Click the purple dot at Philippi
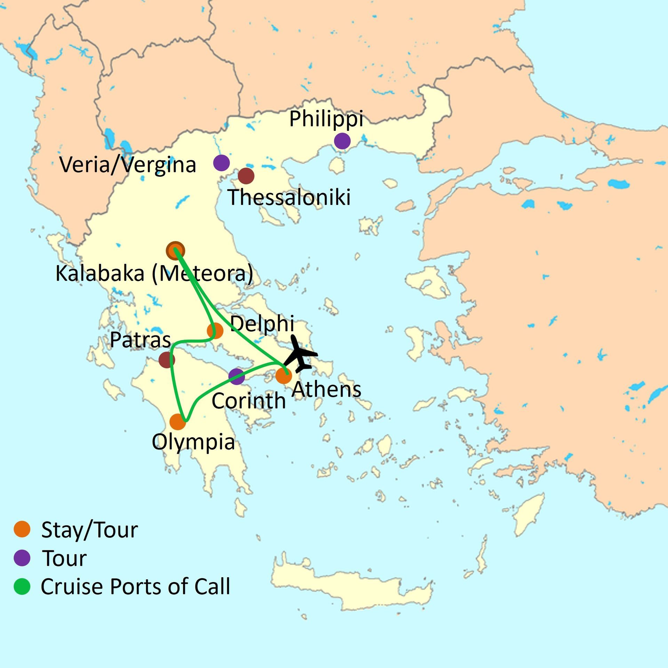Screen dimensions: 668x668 [342, 141]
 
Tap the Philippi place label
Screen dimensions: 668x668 [326, 119]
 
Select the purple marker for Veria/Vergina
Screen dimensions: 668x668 [221, 162]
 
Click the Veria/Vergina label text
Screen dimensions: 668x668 [128, 165]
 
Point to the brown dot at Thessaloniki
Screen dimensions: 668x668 [246, 176]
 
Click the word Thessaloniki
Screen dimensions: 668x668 [289, 197]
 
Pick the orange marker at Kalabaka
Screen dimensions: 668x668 [175, 250]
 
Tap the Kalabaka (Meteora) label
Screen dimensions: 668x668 [154, 273]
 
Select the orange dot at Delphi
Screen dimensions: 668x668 [215, 331]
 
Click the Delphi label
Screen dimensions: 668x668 [262, 324]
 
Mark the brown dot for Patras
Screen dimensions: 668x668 [167, 359]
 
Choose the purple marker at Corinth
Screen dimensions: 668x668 [237, 376]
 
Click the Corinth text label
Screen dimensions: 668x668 [248, 401]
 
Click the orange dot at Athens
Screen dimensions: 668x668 [283, 376]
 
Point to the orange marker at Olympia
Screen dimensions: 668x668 [177, 422]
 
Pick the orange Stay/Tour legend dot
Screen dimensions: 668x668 [22, 529]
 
